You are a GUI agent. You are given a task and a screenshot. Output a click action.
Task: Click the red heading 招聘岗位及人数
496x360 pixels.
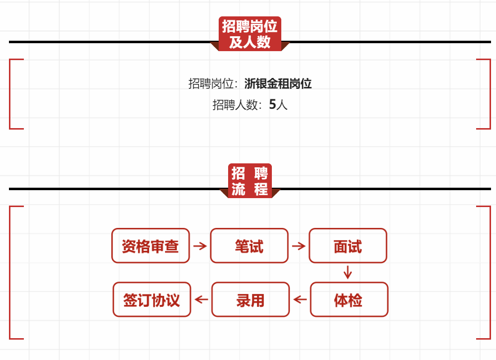point(249,33)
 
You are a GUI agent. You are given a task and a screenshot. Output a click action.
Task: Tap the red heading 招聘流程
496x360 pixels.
point(250,181)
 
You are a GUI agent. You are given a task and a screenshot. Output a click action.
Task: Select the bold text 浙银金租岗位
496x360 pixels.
point(278,83)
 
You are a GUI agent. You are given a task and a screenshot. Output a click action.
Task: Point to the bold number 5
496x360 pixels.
point(272,105)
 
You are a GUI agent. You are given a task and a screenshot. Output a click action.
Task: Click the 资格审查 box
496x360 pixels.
point(151,246)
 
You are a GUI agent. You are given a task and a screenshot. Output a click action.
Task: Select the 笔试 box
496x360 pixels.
point(249,246)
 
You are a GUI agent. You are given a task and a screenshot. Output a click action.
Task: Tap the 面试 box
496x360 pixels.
point(347,246)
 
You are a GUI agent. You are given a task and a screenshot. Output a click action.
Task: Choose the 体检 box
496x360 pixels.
point(349,299)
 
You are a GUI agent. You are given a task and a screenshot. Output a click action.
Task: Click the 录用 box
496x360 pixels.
point(250,299)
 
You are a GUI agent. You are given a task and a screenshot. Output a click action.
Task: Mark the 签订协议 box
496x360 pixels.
point(152,299)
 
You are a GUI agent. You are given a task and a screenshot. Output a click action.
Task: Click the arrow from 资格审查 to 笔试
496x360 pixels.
point(200,246)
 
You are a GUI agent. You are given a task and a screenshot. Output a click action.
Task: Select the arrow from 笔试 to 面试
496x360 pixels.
point(298,246)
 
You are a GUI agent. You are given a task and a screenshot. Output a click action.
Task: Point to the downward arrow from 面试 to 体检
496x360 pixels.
point(347,272)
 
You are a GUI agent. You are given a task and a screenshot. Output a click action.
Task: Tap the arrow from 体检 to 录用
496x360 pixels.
point(300,299)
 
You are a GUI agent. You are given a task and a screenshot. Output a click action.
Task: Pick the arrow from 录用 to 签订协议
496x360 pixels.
point(201,299)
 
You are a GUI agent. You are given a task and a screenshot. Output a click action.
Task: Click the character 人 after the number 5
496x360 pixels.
point(282,105)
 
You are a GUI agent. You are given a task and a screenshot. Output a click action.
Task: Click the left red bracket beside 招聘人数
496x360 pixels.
point(11,94)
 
